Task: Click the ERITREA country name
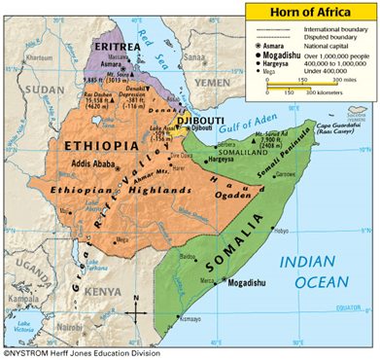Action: click(x=115, y=45)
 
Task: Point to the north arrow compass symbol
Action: click(x=137, y=309)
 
